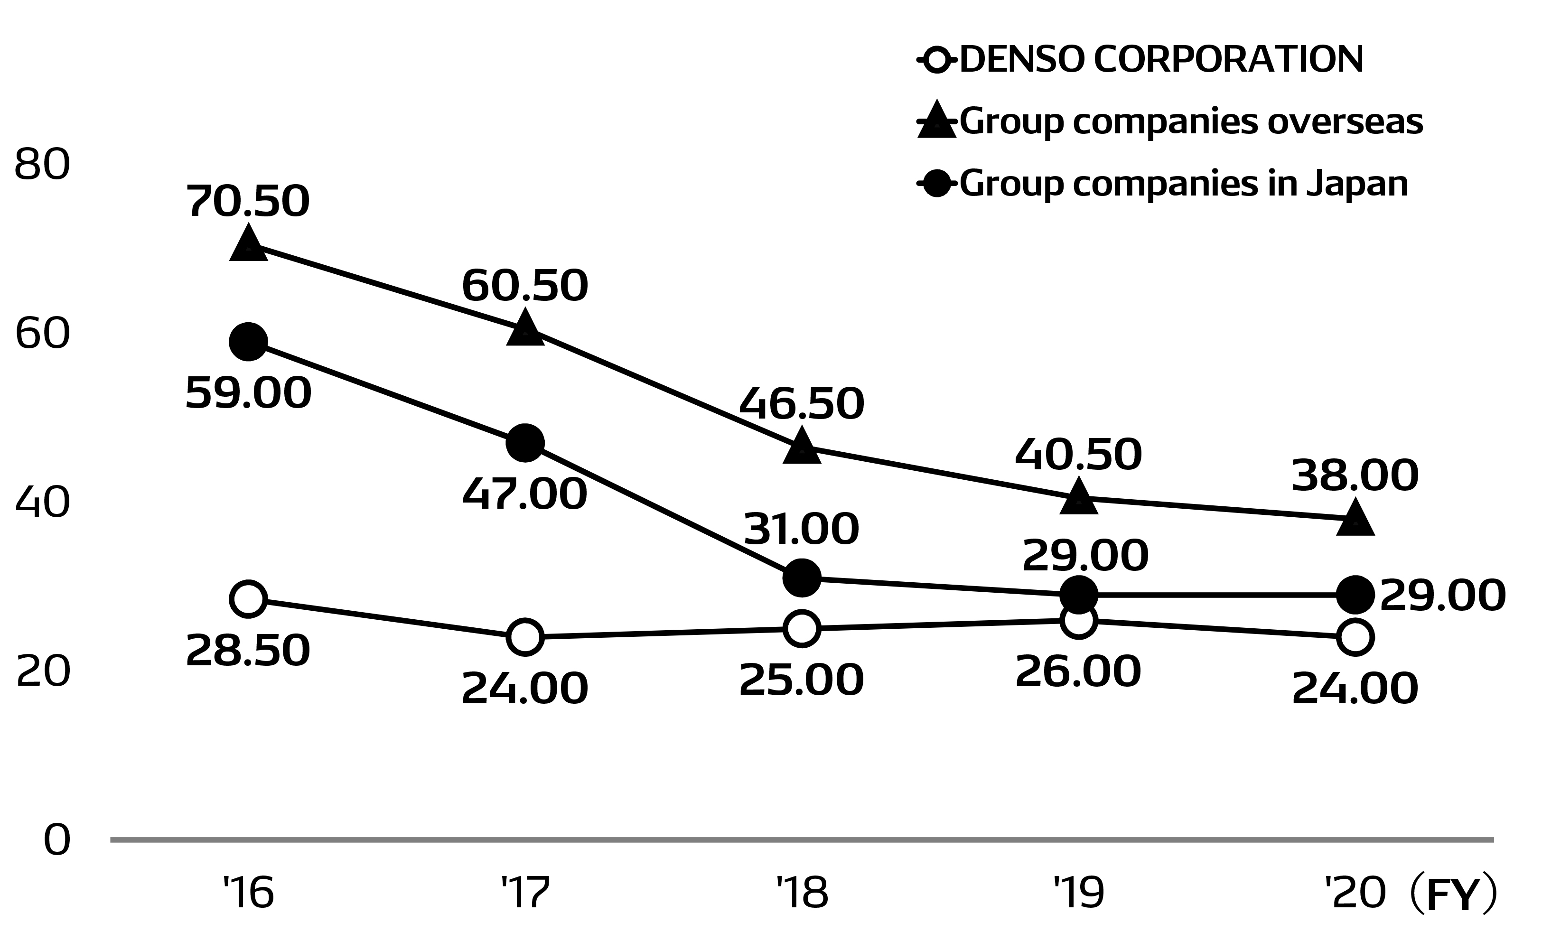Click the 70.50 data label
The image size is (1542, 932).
pos(248,202)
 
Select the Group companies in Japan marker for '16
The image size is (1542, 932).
pos(248,342)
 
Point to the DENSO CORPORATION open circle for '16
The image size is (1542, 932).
pos(248,599)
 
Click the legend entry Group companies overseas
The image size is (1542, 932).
pos(1191,121)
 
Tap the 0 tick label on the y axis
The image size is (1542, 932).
pos(56,840)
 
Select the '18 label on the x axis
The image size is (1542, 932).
pos(802,893)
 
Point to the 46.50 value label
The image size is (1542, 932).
pos(802,404)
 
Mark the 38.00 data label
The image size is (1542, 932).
pos(1355,475)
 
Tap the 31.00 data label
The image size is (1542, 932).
pos(802,530)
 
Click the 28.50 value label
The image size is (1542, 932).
pos(248,650)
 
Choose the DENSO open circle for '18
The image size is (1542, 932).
pos(802,628)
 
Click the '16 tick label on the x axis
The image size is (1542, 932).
pos(248,893)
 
